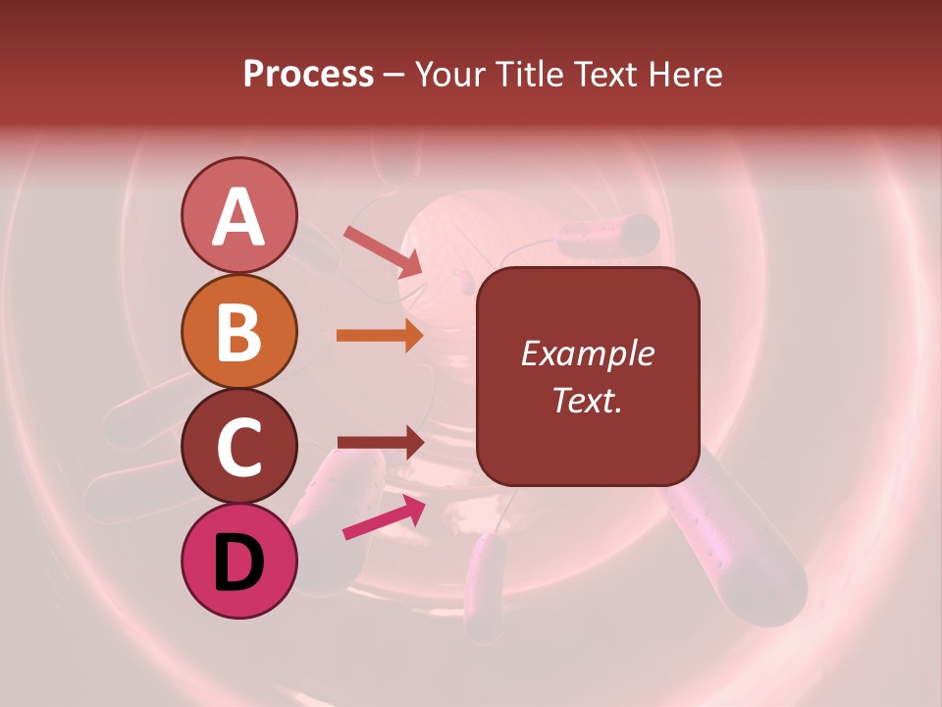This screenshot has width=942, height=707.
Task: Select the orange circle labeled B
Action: click(x=238, y=331)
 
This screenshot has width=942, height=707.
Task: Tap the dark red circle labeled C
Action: click(x=238, y=447)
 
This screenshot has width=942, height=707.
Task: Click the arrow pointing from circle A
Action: click(x=383, y=251)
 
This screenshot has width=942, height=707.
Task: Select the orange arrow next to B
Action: click(x=380, y=336)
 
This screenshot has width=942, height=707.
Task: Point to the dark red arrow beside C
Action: click(x=380, y=443)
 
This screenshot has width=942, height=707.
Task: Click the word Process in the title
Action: click(x=308, y=75)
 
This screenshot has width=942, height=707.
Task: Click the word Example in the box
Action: click(x=587, y=353)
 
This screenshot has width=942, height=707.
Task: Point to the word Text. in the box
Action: click(x=587, y=400)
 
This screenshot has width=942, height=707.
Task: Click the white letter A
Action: click(x=238, y=216)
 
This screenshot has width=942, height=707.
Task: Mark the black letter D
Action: click(x=238, y=563)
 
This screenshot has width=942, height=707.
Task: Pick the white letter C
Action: click(x=238, y=448)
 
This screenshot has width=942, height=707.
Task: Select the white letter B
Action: click(x=238, y=332)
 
